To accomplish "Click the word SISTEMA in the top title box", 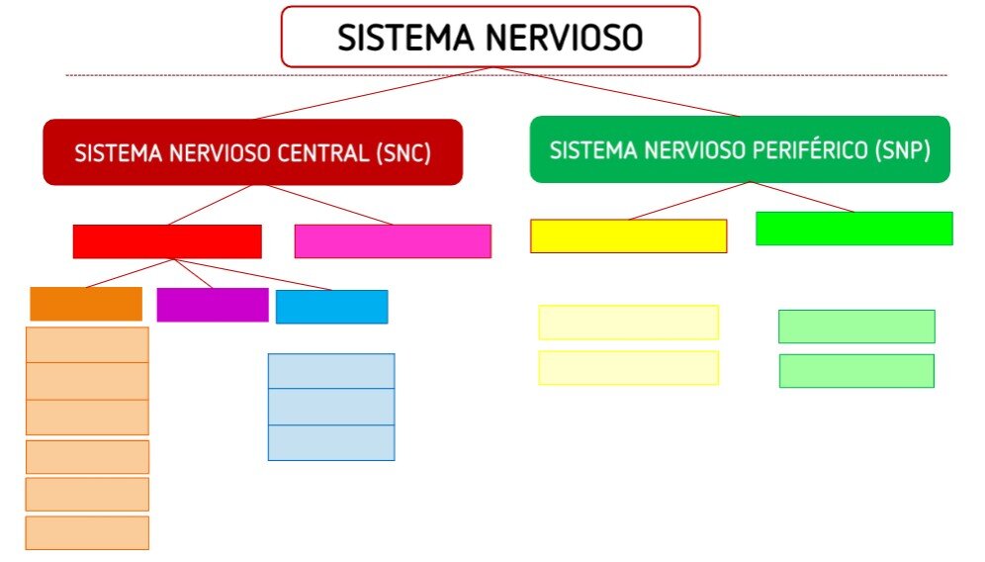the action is [405, 37].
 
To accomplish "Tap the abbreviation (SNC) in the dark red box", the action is [403, 153].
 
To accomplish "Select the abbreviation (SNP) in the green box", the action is [903, 150].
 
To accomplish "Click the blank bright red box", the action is [167, 241].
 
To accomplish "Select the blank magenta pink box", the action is [393, 240].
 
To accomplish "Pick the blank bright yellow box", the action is [629, 236].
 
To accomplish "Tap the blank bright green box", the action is [854, 229].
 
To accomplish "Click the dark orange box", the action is [86, 305].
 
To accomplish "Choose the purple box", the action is [213, 305].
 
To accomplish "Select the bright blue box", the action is [331, 307].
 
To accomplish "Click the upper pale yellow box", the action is [629, 323].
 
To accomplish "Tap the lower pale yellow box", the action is [629, 368].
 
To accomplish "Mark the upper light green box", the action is [856, 327].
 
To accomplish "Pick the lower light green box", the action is [856, 371].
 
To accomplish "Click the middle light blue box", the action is [331, 407].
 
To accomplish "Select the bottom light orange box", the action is [87, 533].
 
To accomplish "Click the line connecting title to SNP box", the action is [615, 92].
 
